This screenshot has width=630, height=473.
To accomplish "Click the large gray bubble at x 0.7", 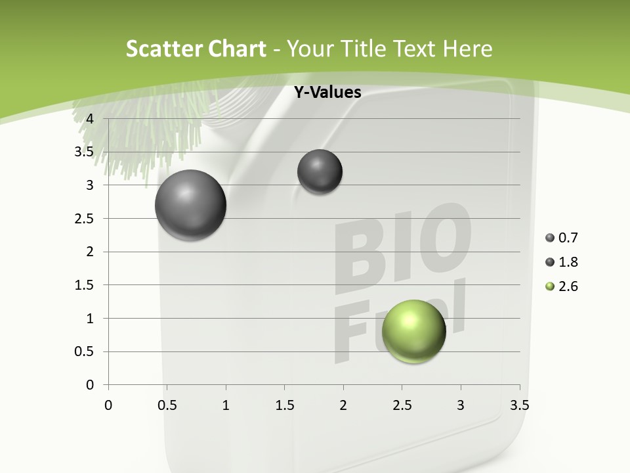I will (x=191, y=205).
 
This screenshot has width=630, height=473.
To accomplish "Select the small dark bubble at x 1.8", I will (x=320, y=171).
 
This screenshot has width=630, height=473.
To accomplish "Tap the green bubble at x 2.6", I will (x=413, y=331).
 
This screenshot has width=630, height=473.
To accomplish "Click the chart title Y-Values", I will (x=327, y=93).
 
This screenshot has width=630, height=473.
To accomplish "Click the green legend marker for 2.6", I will (x=550, y=286).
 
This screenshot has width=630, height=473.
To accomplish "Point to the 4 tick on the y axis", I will (x=91, y=119).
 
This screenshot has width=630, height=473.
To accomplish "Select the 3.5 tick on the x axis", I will (x=519, y=405).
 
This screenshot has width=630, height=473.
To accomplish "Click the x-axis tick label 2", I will (x=343, y=405).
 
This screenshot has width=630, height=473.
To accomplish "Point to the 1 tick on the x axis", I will (x=226, y=405).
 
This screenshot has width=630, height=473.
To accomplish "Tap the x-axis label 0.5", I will (x=167, y=405).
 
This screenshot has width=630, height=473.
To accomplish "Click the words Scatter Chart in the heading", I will (x=196, y=49).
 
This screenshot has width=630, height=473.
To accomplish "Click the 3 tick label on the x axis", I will (x=461, y=405).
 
